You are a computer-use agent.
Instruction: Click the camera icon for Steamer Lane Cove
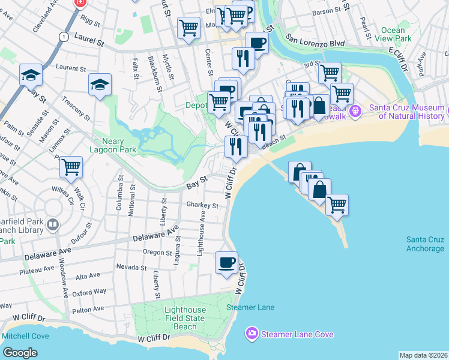[x=252, y=333]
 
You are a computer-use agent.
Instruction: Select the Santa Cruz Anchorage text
[x=425, y=244]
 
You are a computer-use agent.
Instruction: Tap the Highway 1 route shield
[x=63, y=37]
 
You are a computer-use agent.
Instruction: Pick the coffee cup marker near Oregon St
[x=227, y=263]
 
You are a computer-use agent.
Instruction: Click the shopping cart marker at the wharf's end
[x=337, y=205]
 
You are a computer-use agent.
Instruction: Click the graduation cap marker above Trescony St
[x=100, y=85]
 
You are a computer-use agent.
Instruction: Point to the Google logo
[x=20, y=353]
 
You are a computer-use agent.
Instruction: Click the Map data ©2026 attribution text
[x=423, y=355]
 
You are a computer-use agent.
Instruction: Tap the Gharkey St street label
[x=202, y=205]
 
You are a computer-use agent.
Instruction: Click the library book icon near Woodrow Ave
[x=53, y=225]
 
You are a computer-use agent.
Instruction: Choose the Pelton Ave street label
[x=88, y=309]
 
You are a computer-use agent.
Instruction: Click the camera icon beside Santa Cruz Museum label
[x=355, y=111]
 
